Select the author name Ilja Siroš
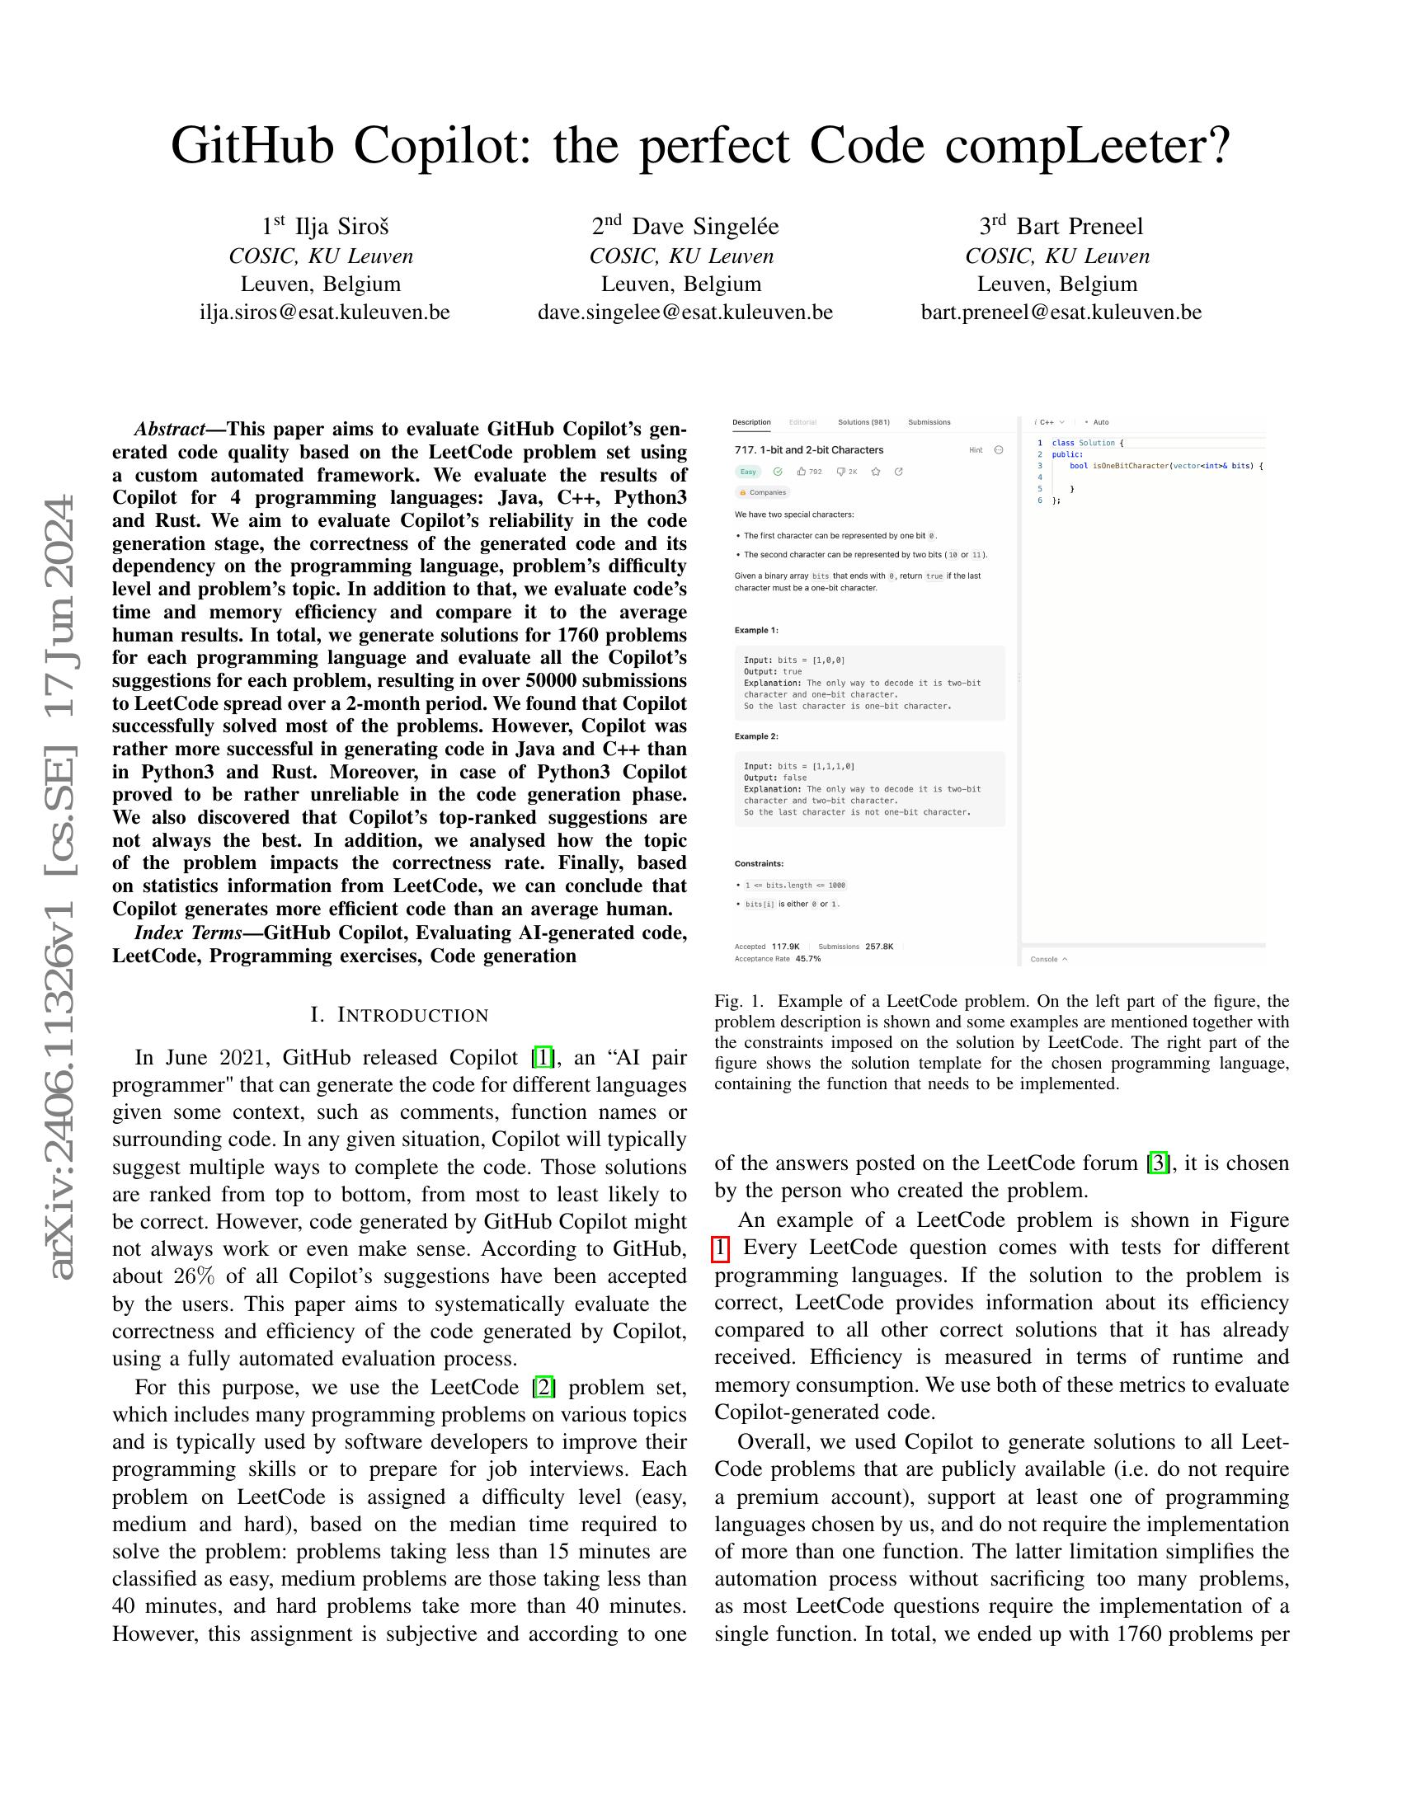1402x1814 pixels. coord(341,227)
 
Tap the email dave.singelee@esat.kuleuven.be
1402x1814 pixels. coord(685,313)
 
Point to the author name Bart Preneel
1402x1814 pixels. coord(1079,227)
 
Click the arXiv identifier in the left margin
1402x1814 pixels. coord(64,889)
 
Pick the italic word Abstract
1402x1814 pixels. coord(169,430)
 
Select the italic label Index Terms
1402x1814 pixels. coord(188,933)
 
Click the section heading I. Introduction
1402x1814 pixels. coord(399,1015)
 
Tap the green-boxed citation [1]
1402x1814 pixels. coord(543,1057)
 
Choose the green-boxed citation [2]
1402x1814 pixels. coord(544,1387)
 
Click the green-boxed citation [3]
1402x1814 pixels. coord(1158,1163)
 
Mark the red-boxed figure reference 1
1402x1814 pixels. coord(720,1248)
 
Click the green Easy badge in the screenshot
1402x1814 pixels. coord(748,472)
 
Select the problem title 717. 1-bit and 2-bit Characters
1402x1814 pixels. coord(809,450)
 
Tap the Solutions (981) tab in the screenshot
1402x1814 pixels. coord(863,422)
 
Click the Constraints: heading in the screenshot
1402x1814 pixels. coord(758,864)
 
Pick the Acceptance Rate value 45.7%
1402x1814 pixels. coord(807,958)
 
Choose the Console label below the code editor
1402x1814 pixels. coord(1045,959)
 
